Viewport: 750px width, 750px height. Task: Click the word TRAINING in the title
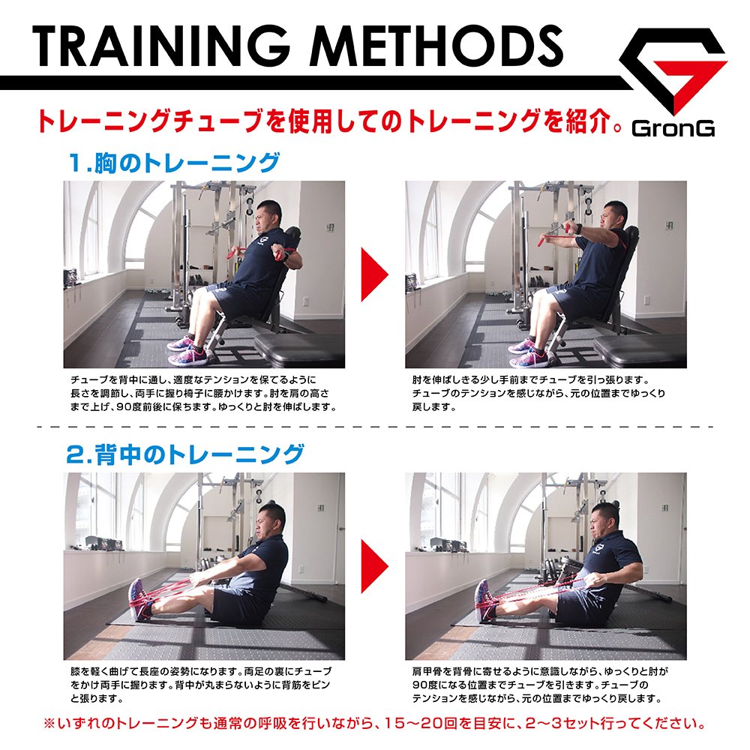point(160,46)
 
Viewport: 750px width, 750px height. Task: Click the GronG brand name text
point(673,128)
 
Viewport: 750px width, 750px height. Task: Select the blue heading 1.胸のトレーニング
point(174,163)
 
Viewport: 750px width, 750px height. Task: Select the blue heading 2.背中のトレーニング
point(185,454)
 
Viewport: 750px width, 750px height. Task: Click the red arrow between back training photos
point(374,565)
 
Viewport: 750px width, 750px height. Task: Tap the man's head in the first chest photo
point(268,216)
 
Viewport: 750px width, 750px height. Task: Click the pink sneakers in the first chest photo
point(188,351)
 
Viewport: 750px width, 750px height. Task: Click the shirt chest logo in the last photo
point(598,547)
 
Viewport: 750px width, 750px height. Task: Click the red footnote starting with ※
point(374,723)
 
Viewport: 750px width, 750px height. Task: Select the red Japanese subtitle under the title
point(329,121)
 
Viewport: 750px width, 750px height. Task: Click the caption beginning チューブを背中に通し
point(203,393)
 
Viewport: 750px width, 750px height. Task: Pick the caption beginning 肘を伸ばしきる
point(538,393)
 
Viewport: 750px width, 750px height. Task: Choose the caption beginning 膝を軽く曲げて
point(201,685)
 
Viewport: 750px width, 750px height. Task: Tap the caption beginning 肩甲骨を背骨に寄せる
point(540,685)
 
